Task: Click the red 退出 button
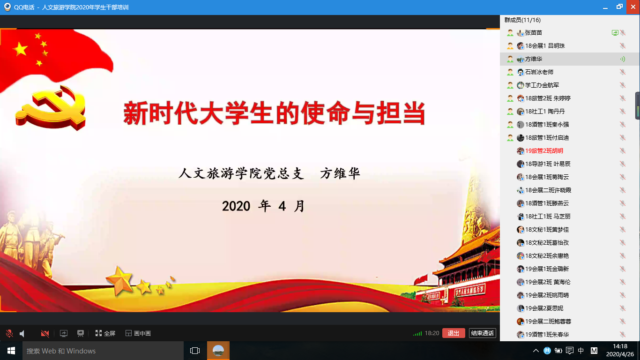(x=454, y=333)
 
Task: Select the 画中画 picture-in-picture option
(x=138, y=333)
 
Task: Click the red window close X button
(x=633, y=7)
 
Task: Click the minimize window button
(x=605, y=7)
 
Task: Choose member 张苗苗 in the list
(x=534, y=33)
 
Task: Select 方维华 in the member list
(x=534, y=59)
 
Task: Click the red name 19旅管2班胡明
(x=544, y=150)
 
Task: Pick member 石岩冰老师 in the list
(x=539, y=72)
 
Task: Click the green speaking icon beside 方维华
(x=623, y=59)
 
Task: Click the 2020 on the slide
(x=236, y=206)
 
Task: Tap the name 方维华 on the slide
(x=340, y=173)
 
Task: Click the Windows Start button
(x=11, y=351)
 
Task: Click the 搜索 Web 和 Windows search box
(x=103, y=351)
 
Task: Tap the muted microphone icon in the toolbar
(x=9, y=333)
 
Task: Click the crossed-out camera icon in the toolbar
(x=45, y=333)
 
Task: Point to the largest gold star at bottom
(x=120, y=281)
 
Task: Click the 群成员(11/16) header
(x=522, y=20)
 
